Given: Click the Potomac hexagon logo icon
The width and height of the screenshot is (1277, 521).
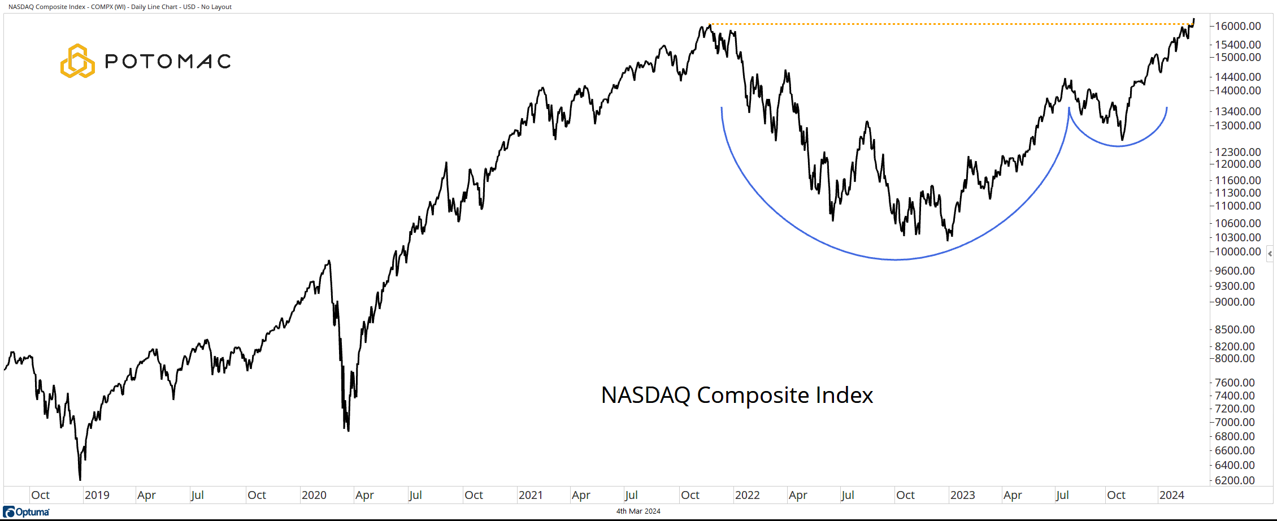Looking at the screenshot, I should pyautogui.click(x=77, y=61).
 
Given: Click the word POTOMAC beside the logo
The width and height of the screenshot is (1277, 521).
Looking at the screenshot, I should pyautogui.click(x=168, y=61).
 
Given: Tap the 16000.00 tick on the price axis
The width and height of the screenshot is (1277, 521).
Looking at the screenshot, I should pyautogui.click(x=1237, y=26).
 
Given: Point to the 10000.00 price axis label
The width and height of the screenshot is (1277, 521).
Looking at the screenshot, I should pyautogui.click(x=1237, y=251).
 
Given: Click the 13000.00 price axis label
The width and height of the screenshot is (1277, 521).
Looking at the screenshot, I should pyautogui.click(x=1237, y=125).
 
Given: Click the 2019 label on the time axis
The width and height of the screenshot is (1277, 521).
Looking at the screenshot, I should pyautogui.click(x=97, y=495).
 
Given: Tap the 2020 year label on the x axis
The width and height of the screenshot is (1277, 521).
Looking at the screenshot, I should pyautogui.click(x=314, y=495).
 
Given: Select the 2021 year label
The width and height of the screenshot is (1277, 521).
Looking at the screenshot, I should pyautogui.click(x=531, y=495).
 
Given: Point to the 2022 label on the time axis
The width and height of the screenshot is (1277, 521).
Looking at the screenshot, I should pyautogui.click(x=747, y=495).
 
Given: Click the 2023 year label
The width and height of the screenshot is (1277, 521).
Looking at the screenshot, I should pyautogui.click(x=962, y=495).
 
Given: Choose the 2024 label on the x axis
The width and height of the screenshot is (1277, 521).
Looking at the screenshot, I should pyautogui.click(x=1171, y=495).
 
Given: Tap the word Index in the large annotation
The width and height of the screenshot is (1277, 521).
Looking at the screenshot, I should pyautogui.click(x=845, y=395).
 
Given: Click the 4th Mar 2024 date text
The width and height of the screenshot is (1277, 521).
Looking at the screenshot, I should pyautogui.click(x=638, y=511).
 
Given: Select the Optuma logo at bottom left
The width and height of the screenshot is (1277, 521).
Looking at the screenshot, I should pyautogui.click(x=27, y=512).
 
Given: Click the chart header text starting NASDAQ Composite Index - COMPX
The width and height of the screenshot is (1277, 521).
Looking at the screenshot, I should pyautogui.click(x=120, y=7).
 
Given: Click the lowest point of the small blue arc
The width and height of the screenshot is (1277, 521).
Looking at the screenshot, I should pyautogui.click(x=1118, y=146).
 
